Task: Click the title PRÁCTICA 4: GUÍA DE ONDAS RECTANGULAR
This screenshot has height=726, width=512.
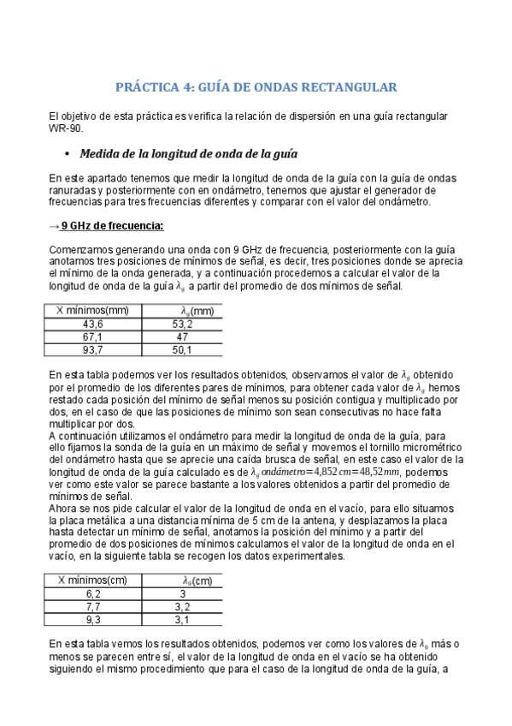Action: pos(256,87)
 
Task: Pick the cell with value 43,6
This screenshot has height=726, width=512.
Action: pos(92,324)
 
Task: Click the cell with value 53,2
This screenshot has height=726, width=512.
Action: pos(182,324)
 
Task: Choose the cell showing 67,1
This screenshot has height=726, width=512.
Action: pos(92,337)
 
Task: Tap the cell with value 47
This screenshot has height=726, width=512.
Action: pos(182,337)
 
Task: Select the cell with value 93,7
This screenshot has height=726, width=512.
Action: pos(92,350)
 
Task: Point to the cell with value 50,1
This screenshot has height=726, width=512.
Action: pos(182,350)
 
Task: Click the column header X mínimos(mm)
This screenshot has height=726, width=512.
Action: pos(92,311)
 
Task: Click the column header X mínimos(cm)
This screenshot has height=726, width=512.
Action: pos(92,580)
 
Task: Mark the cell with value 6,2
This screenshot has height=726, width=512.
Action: pos(92,593)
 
